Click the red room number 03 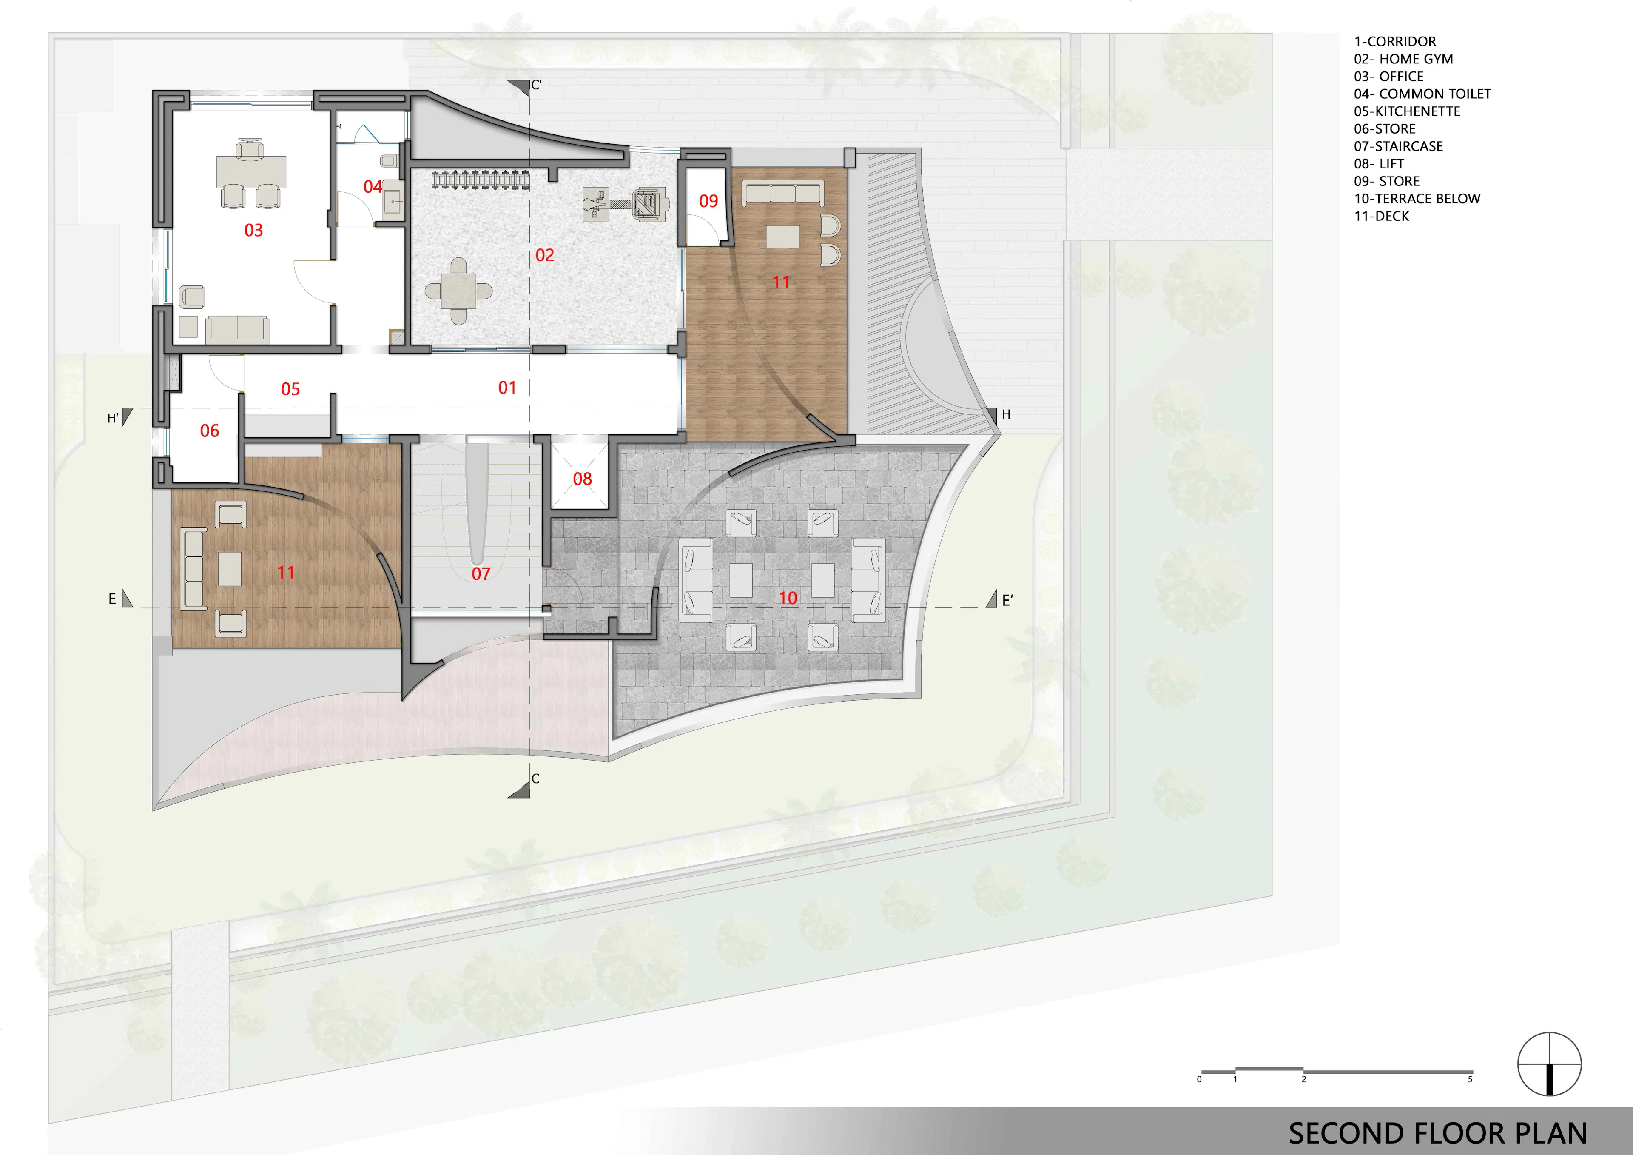coord(253,230)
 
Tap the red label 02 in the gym coord(545,255)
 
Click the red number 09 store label coord(708,201)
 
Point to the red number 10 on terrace coord(787,598)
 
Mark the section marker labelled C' coord(524,86)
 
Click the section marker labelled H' coord(121,417)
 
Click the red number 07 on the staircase coord(481,573)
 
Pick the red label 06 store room coord(209,431)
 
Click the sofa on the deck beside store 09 coord(782,193)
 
